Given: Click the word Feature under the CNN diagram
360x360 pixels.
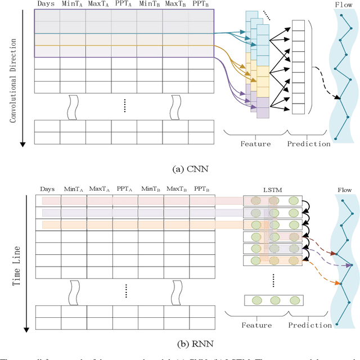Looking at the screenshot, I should click(256, 144).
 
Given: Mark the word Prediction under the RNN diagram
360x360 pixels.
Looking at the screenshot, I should click(309, 325).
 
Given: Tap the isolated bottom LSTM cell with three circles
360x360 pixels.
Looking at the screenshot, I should click(274, 299).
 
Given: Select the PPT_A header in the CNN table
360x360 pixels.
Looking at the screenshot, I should click(124, 4).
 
